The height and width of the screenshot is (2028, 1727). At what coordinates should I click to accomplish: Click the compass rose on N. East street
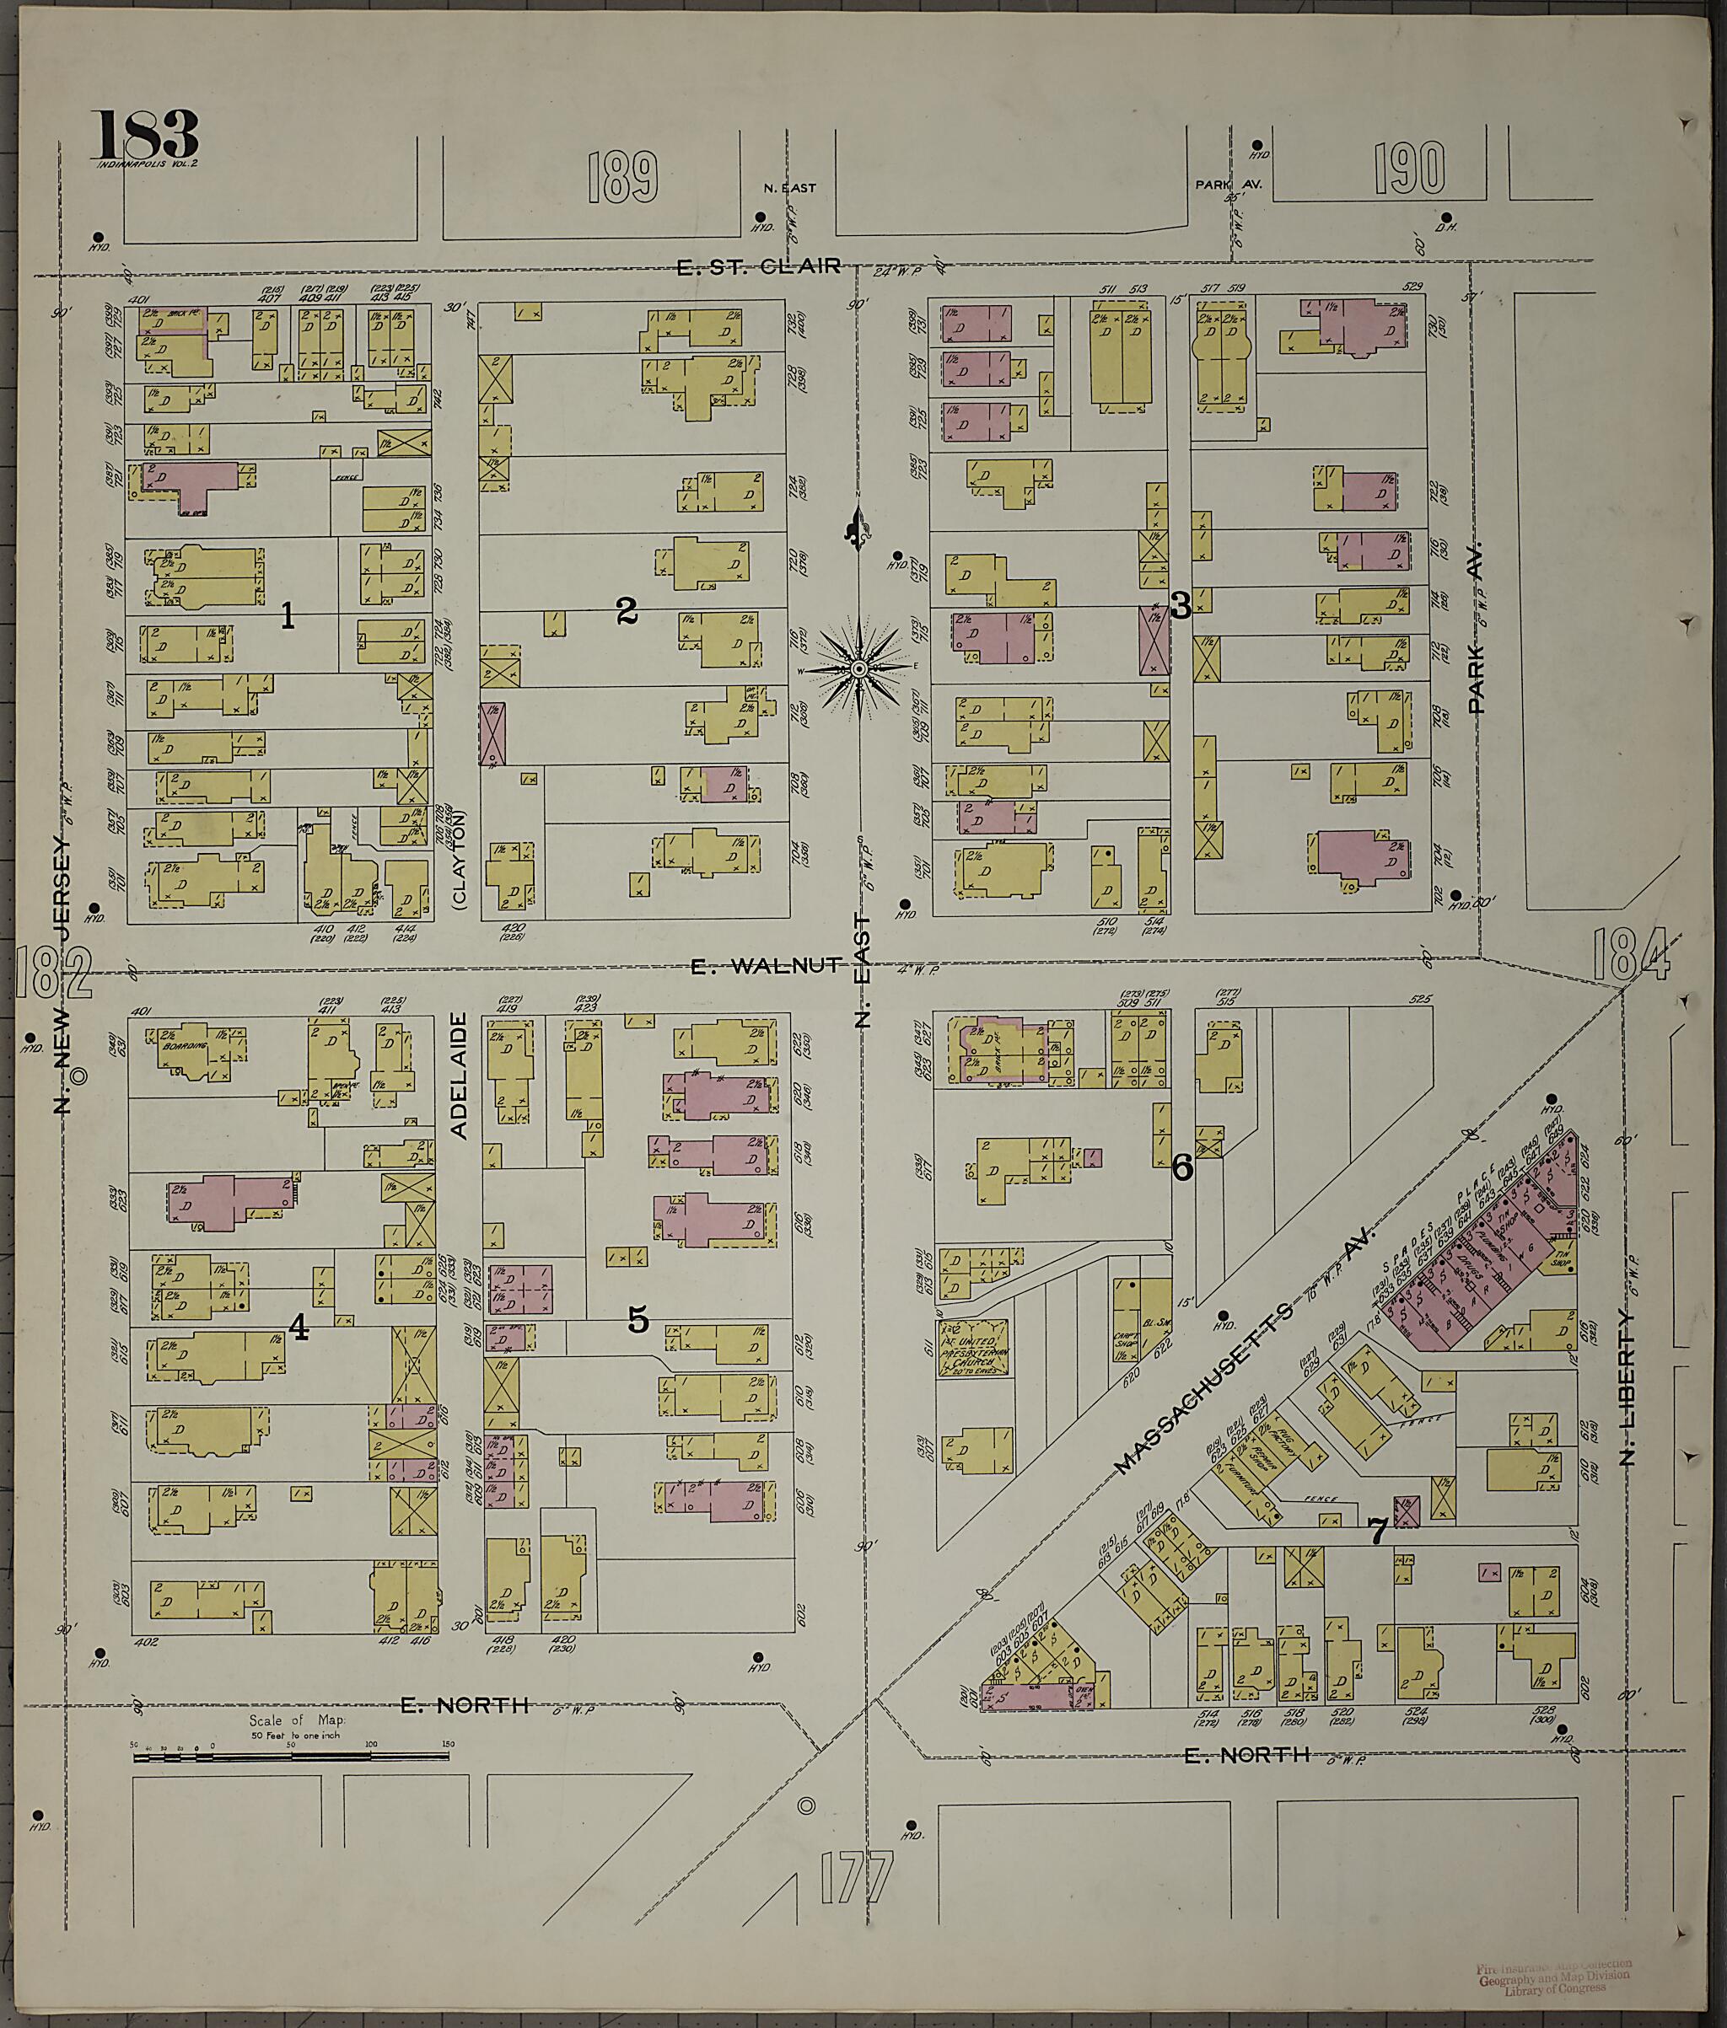point(858,668)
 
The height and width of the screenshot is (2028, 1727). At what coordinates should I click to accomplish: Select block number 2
point(627,612)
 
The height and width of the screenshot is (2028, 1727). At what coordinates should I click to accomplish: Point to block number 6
point(1182,1167)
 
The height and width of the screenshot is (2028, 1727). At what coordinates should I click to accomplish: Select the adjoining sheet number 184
point(1629,956)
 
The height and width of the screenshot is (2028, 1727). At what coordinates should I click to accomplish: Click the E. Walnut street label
point(765,966)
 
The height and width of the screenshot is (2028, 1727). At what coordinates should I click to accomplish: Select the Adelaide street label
point(460,1075)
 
